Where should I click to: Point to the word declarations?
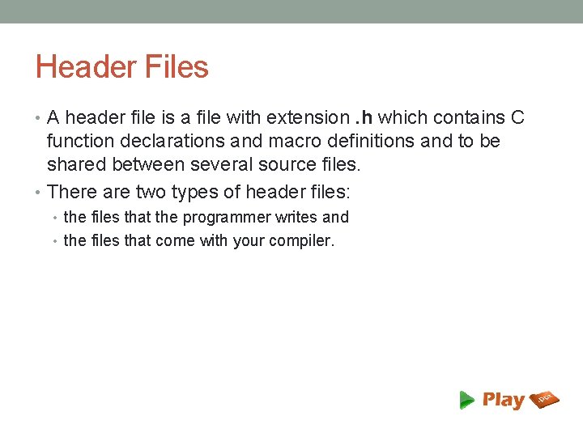coord(168,142)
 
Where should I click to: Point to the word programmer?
coord(227,217)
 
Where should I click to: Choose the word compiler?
coord(300,241)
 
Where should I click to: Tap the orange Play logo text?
coord(504,400)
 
